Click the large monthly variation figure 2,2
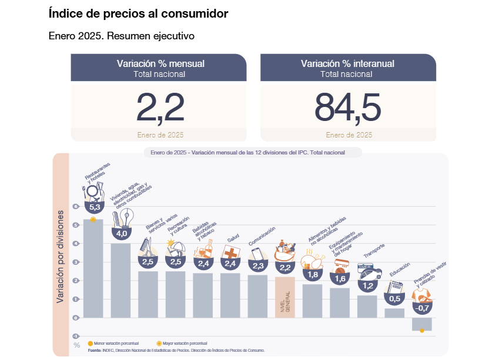(x=160, y=107)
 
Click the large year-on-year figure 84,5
(x=348, y=107)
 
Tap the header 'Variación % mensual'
(x=160, y=63)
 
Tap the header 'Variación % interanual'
(x=347, y=63)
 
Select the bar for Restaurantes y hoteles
(x=93, y=267)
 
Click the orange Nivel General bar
(x=285, y=297)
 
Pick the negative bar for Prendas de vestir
(x=422, y=324)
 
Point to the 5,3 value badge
(x=94, y=207)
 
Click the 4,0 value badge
(x=122, y=234)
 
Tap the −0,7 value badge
(x=421, y=308)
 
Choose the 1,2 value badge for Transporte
(x=367, y=286)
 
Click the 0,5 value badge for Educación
(x=394, y=299)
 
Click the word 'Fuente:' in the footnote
(x=95, y=350)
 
